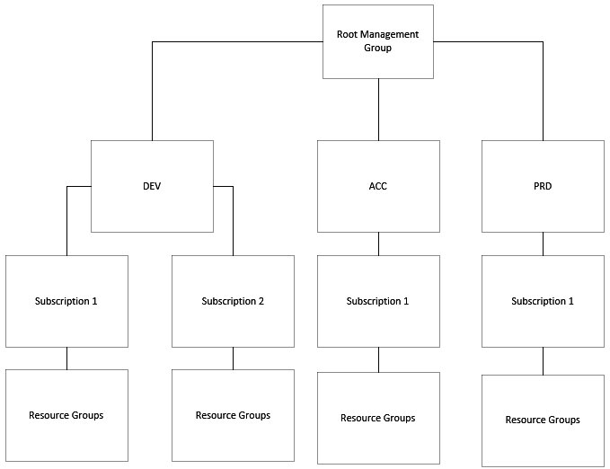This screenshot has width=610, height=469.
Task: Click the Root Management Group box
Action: click(x=378, y=41)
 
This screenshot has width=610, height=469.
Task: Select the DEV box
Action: click(x=152, y=186)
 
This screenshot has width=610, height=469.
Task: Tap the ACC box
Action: click(x=378, y=186)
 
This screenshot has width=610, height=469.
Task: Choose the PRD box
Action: click(x=543, y=186)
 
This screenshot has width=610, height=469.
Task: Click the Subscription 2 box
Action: click(x=233, y=301)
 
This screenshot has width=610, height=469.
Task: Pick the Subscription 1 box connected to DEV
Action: click(x=66, y=301)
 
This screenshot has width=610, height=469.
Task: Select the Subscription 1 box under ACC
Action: click(x=378, y=301)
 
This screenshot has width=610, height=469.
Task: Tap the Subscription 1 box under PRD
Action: click(x=543, y=301)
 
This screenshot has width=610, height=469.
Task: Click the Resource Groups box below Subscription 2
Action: click(x=233, y=415)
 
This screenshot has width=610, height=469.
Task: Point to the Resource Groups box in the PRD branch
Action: click(x=543, y=420)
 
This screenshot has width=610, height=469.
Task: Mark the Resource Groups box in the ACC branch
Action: click(x=378, y=418)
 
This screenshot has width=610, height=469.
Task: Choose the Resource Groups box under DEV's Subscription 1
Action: click(x=66, y=415)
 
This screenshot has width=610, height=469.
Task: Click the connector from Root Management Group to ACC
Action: click(x=378, y=109)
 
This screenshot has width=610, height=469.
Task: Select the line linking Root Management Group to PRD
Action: click(x=543, y=90)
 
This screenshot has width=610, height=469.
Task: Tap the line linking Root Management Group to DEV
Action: click(x=152, y=90)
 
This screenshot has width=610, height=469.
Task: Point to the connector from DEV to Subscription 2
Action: click(x=233, y=220)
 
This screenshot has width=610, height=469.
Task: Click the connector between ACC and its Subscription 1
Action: click(x=378, y=243)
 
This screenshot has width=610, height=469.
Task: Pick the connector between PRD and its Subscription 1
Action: click(x=543, y=243)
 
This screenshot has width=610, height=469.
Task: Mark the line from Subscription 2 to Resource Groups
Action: click(x=233, y=358)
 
